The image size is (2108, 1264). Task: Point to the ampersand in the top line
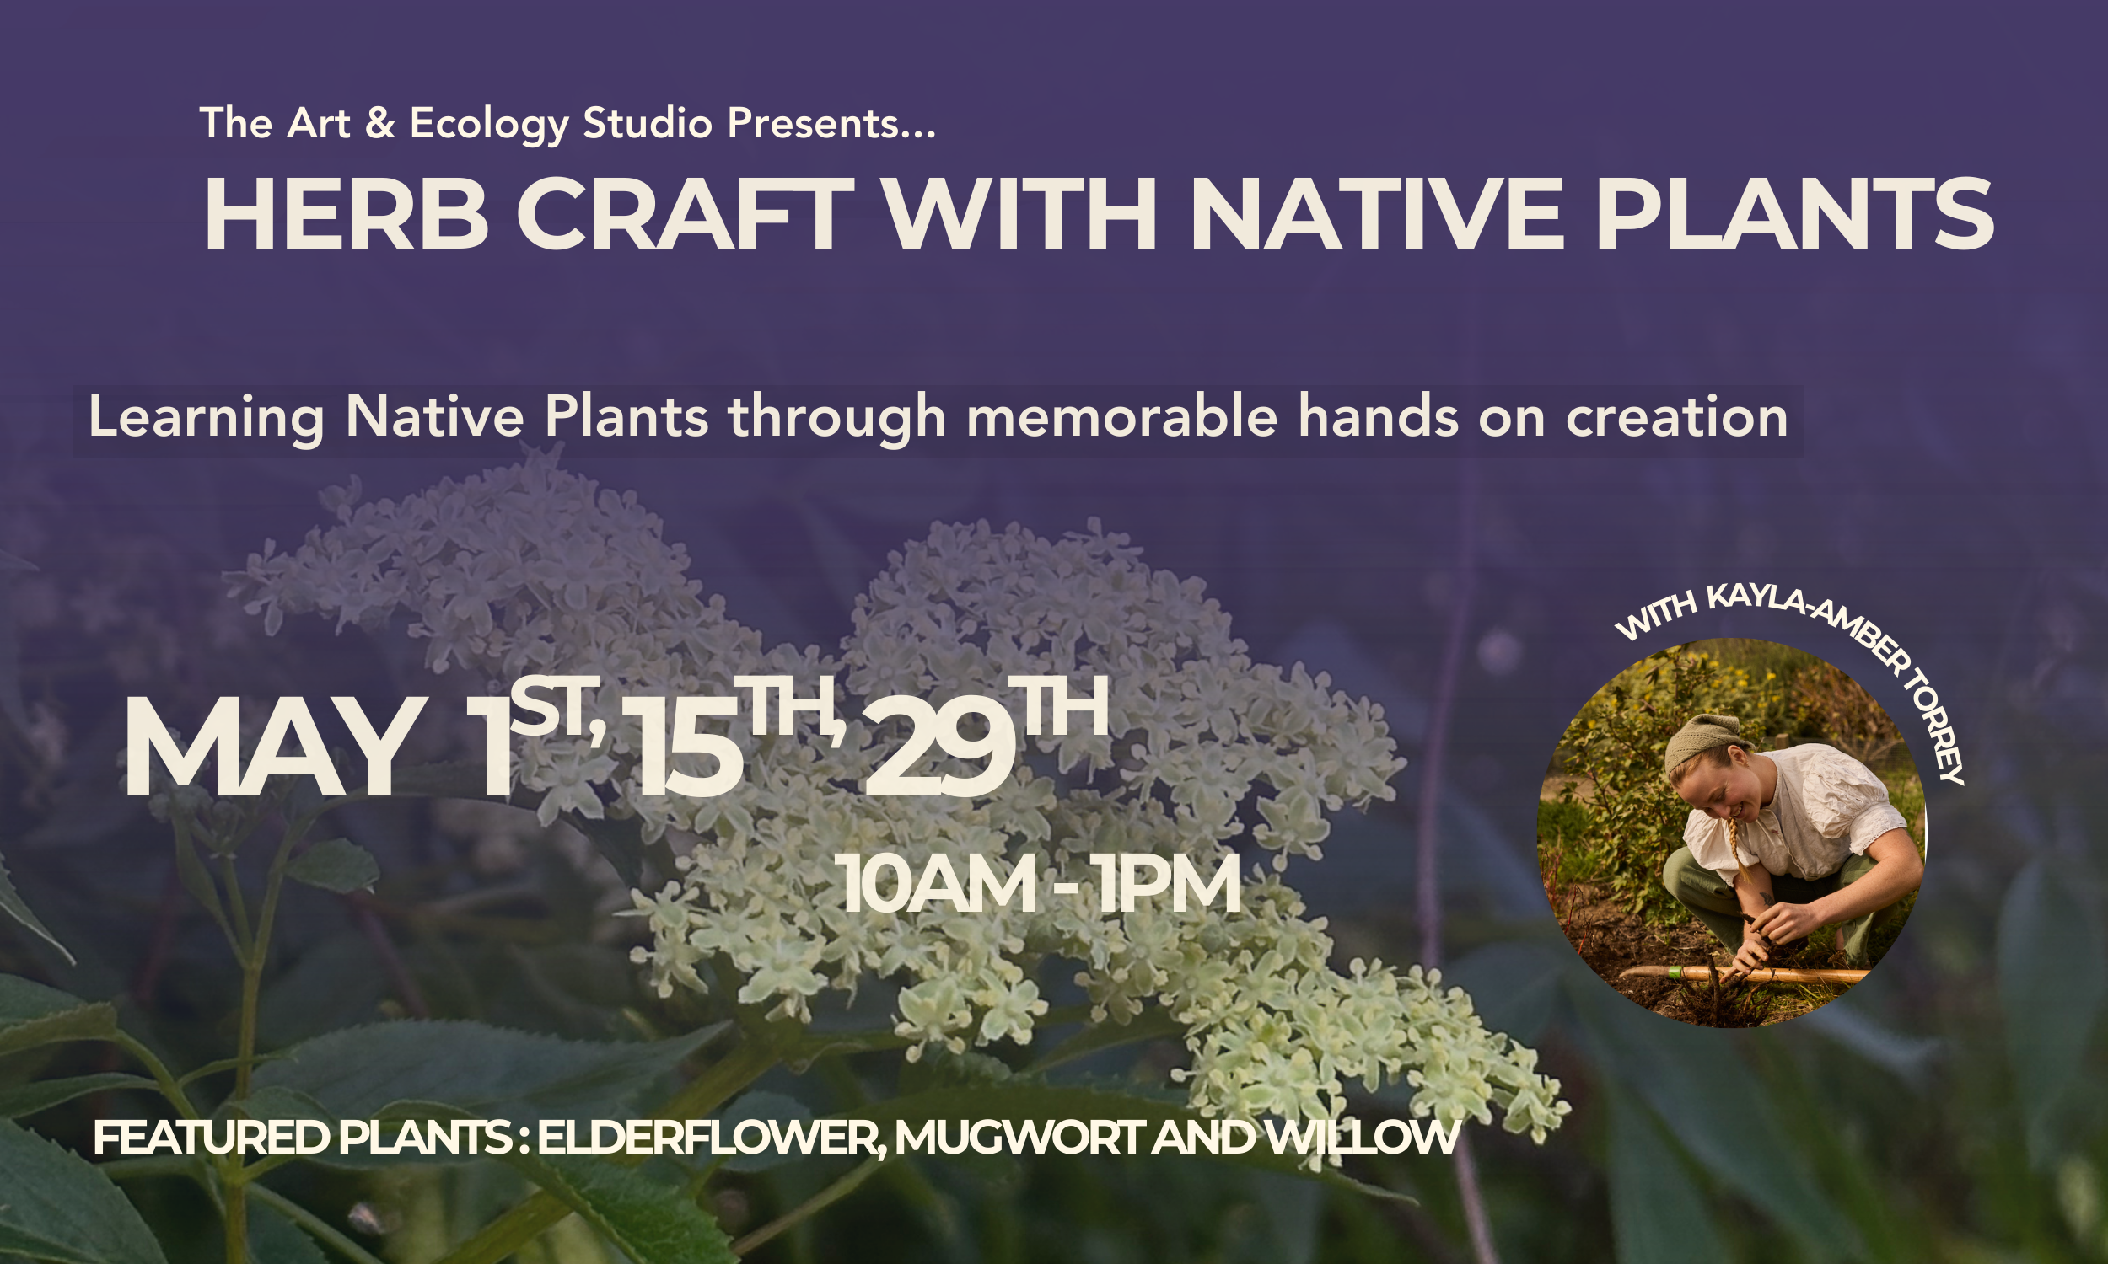379,124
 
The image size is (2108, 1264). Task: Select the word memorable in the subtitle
1121,417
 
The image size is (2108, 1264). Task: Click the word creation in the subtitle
1676,417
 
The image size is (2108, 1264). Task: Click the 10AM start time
937,886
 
